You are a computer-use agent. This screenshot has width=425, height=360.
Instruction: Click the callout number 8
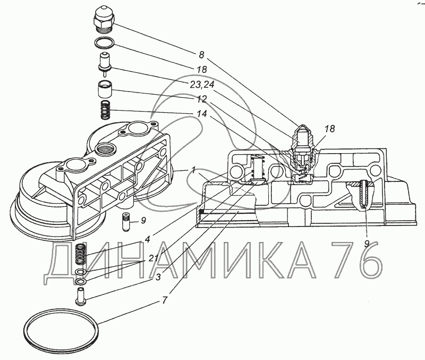201,55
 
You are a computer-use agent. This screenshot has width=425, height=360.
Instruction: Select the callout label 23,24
202,85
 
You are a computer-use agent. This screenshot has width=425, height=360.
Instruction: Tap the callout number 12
202,99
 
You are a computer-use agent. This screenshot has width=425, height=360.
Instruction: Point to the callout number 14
202,113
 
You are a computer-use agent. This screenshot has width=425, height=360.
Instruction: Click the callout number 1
193,170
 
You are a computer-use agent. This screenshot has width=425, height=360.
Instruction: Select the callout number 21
153,257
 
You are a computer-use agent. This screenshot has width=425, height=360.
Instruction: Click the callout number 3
158,277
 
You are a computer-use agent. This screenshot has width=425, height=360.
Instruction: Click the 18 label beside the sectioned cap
330,128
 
